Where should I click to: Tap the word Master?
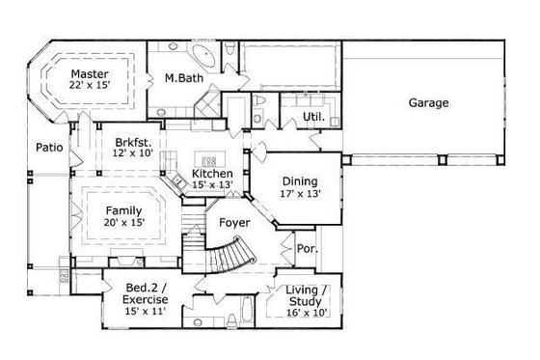(x=88, y=73)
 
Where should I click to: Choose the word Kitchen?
(x=186, y=174)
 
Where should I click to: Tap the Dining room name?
(x=299, y=180)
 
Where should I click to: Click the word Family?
(x=123, y=211)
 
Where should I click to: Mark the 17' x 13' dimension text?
(x=299, y=193)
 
